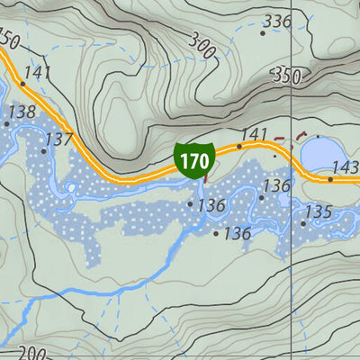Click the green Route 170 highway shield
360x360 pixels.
click(x=194, y=161)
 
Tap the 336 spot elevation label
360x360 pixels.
click(x=278, y=21)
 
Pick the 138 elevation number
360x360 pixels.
click(x=21, y=112)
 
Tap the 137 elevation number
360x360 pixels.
click(x=58, y=139)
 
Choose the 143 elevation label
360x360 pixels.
click(x=345, y=166)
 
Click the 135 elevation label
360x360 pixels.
click(x=319, y=211)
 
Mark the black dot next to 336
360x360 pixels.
click(x=263, y=32)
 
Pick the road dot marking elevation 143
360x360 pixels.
click(x=330, y=178)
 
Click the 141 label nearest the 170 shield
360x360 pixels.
click(x=255, y=135)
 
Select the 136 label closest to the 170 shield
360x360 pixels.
click(x=211, y=205)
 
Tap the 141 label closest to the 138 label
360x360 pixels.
click(x=37, y=72)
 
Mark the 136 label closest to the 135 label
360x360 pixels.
click(x=277, y=185)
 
